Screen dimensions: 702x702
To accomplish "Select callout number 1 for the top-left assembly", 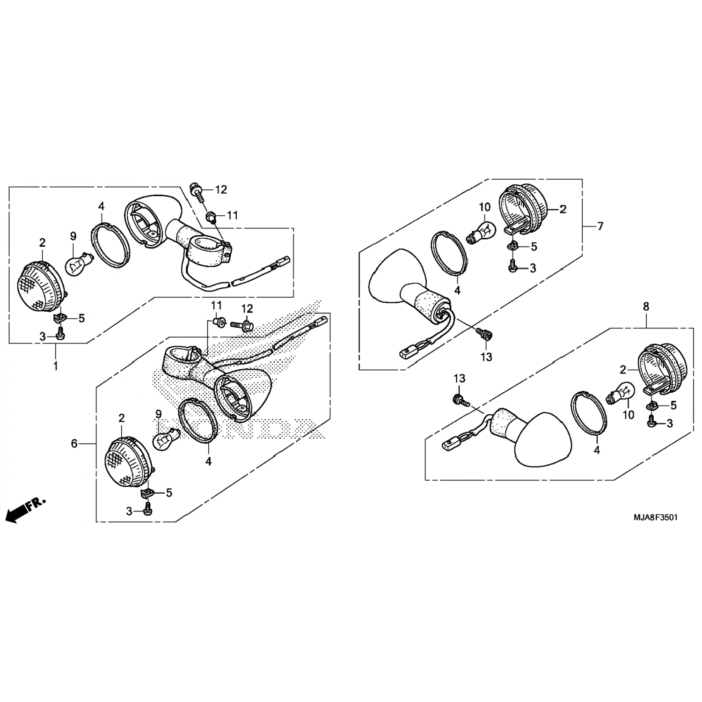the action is click(56, 366).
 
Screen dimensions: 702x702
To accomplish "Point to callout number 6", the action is click(74, 444).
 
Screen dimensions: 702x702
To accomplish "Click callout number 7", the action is click(600, 227).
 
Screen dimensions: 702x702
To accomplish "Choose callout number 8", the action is click(646, 307).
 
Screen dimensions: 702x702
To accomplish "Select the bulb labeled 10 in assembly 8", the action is click(621, 392).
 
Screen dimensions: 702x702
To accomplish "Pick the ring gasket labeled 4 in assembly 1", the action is click(110, 245).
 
